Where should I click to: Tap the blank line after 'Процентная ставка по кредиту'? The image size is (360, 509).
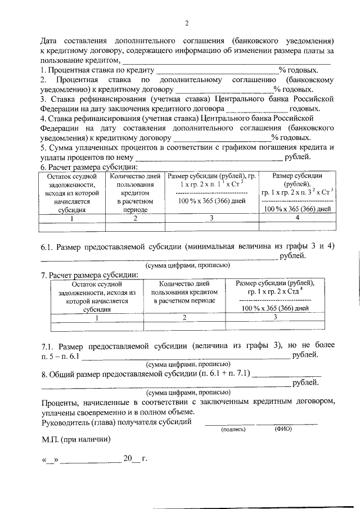(x=217, y=70)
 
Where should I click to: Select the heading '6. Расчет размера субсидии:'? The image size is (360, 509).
(x=89, y=167)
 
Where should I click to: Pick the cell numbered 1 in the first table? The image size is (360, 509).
(x=69, y=218)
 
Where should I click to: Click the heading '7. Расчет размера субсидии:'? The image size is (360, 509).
(x=89, y=275)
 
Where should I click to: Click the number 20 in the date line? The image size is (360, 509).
(x=127, y=459)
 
